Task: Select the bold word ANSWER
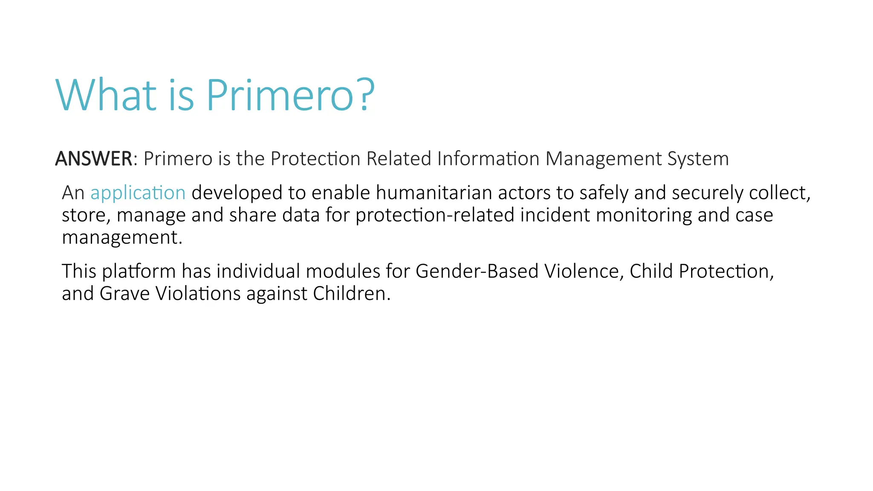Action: click(94, 159)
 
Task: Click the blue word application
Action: click(138, 193)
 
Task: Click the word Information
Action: click(489, 159)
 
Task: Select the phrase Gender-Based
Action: click(477, 271)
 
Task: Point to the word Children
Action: click(351, 293)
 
